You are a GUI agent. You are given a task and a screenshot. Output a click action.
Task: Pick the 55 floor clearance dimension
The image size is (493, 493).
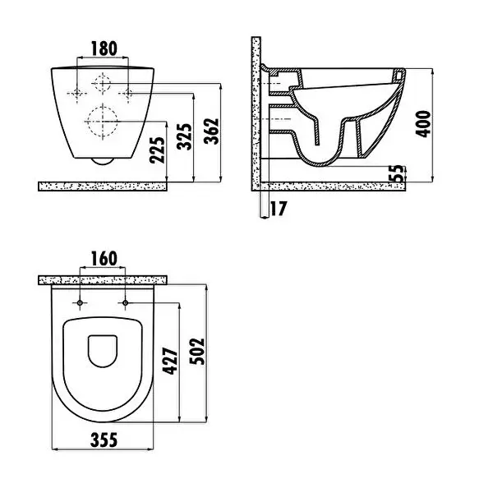(398, 173)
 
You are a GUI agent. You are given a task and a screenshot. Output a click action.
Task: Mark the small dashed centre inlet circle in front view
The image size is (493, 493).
(104, 84)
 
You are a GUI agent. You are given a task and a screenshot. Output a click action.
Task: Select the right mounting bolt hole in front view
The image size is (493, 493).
(127, 93)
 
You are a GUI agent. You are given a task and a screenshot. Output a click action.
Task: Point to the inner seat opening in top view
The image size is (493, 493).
(103, 352)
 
